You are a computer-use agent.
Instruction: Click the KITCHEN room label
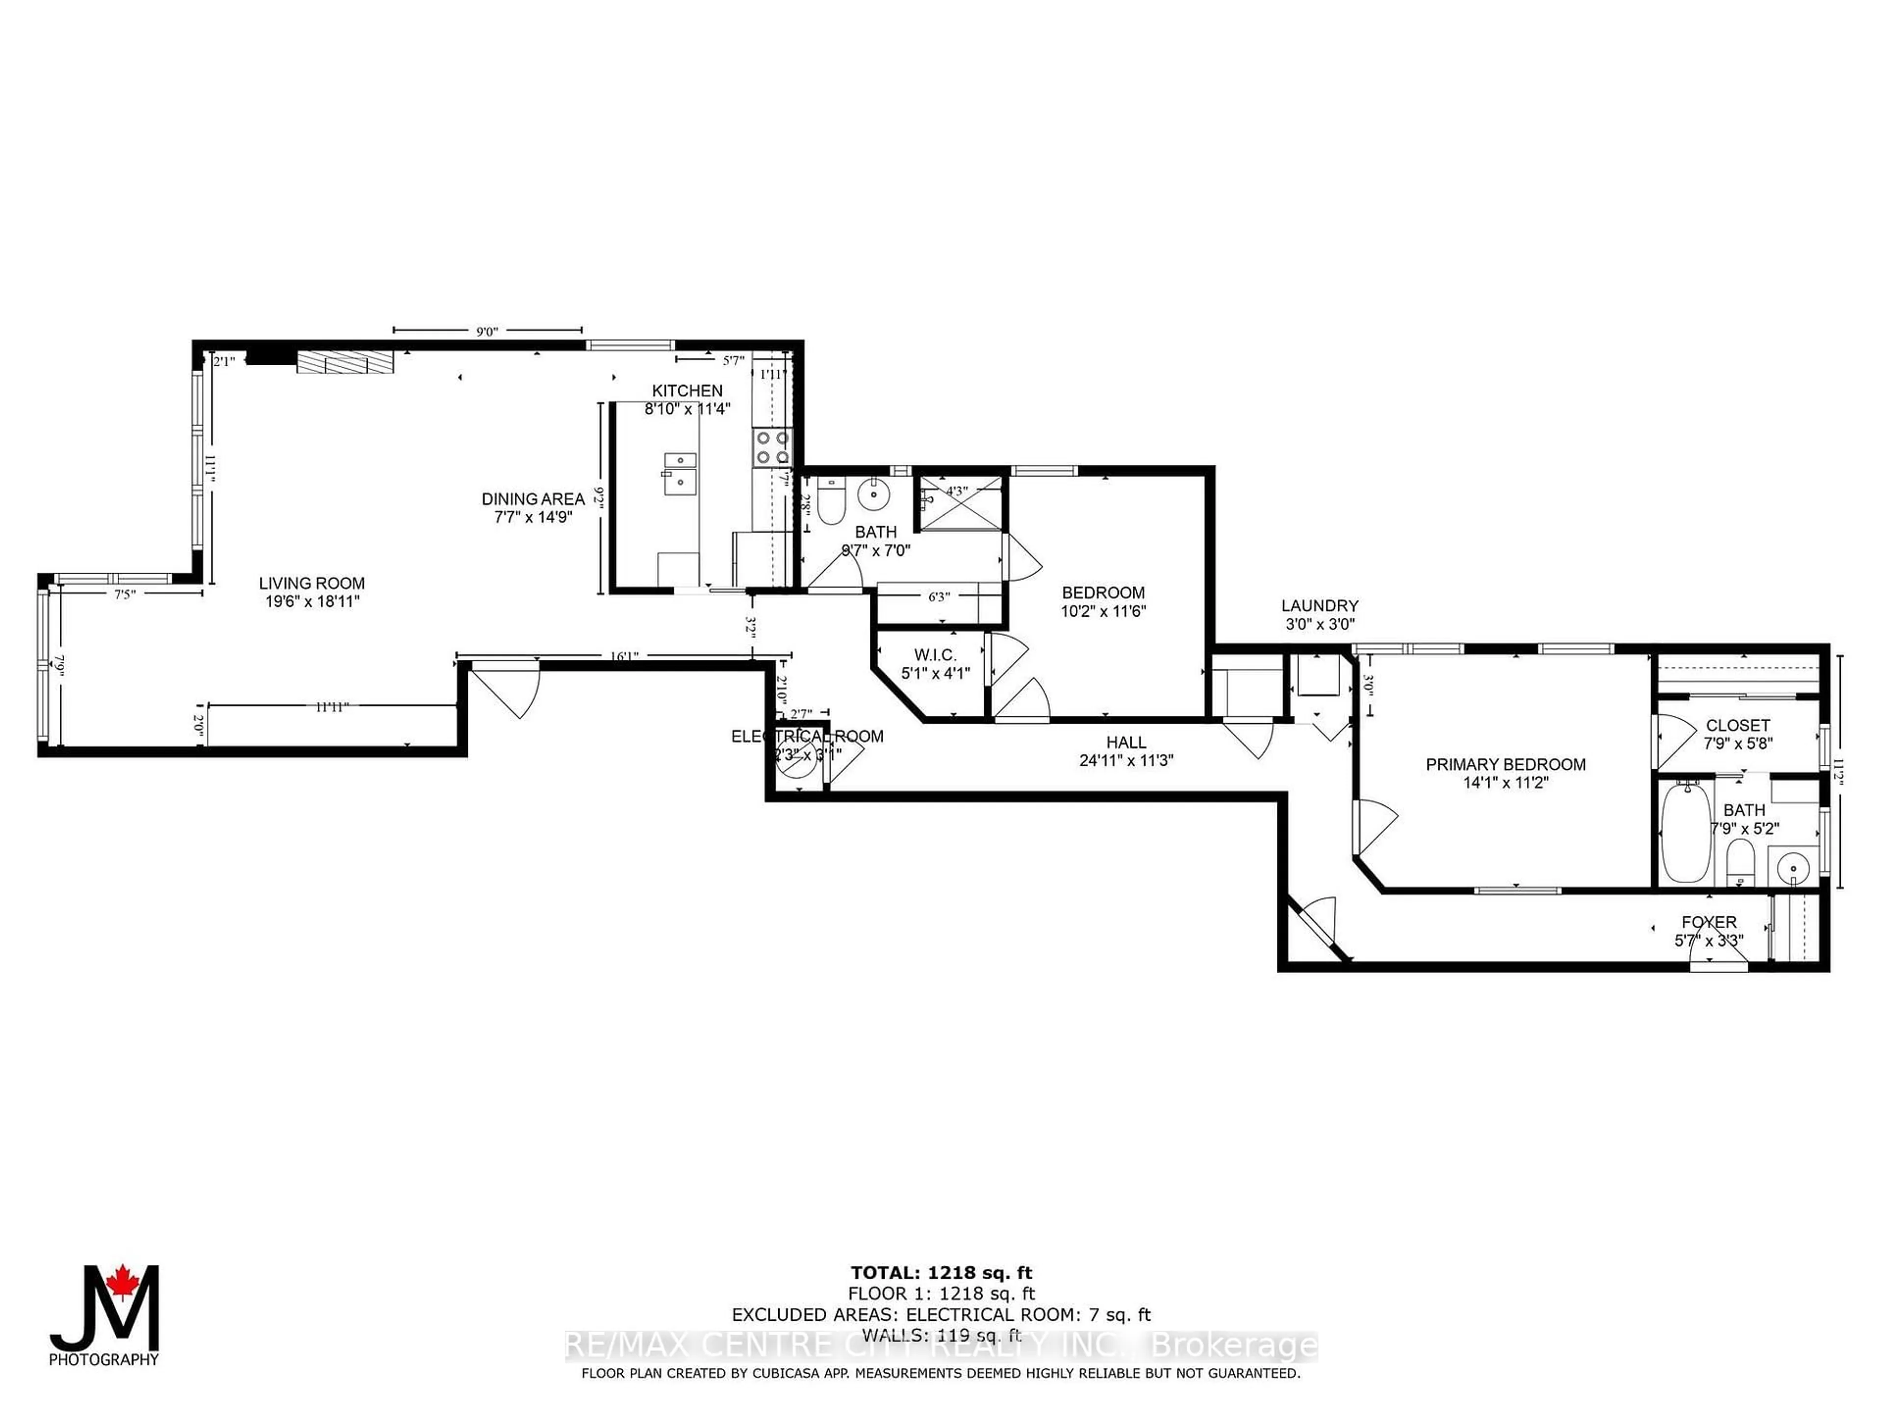click(687, 391)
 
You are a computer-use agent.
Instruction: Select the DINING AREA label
click(533, 499)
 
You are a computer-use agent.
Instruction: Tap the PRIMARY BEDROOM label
click(1505, 764)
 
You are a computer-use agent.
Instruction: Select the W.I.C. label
click(936, 656)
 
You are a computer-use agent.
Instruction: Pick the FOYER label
click(1708, 922)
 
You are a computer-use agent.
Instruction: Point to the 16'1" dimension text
click(624, 656)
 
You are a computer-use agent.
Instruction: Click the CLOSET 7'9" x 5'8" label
click(1737, 733)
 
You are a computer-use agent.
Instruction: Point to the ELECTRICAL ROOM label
click(807, 736)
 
